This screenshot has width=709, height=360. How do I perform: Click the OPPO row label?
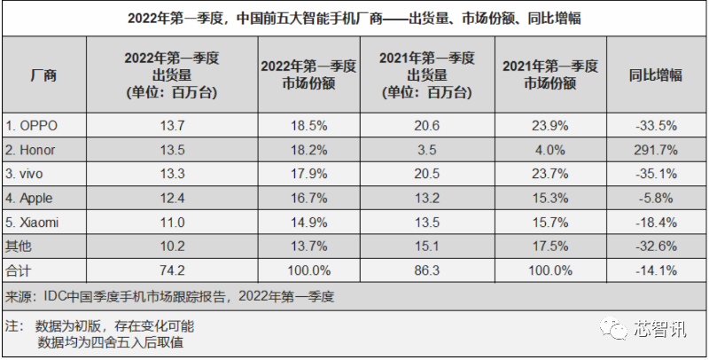[x=31, y=125]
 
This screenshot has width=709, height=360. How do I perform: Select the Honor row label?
[x=30, y=150]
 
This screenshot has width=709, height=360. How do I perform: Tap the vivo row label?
[x=24, y=174]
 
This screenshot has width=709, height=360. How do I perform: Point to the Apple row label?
[x=28, y=198]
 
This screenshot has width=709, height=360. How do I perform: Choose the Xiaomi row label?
[x=32, y=223]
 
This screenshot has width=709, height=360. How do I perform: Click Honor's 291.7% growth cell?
[x=656, y=150]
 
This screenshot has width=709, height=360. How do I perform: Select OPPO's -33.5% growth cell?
[x=656, y=125]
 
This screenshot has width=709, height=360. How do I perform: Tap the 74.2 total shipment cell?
[x=172, y=270]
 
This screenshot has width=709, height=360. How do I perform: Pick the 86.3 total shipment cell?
[x=427, y=270]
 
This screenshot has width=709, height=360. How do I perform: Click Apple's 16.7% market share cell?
[x=308, y=198]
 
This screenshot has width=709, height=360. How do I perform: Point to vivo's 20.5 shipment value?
[x=427, y=174]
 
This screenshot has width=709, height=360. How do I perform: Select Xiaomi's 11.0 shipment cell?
[x=172, y=223]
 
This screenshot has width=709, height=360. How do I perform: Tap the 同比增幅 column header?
[x=656, y=74]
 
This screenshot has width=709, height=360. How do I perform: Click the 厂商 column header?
[x=43, y=74]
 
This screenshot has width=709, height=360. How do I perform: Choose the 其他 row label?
[x=18, y=247]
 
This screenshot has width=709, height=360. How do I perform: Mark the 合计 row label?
[x=18, y=270]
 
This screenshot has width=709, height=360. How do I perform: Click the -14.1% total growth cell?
[x=656, y=270]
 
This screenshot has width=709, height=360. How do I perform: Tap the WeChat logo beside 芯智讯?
[x=613, y=328]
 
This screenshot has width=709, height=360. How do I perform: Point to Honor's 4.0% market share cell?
[x=550, y=150]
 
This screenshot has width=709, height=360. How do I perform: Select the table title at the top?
[x=354, y=19]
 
